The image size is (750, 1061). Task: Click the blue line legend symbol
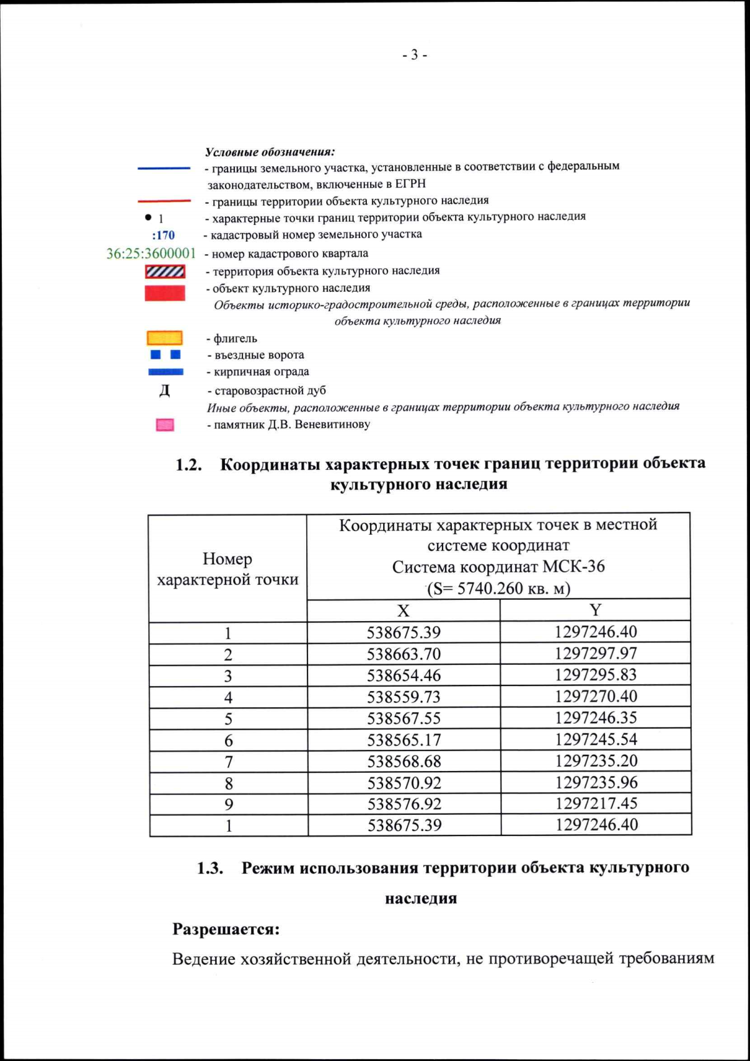pyautogui.click(x=164, y=168)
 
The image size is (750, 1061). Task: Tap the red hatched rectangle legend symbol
pyautogui.click(x=165, y=272)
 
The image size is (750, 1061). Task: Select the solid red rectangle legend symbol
pyautogui.click(x=165, y=293)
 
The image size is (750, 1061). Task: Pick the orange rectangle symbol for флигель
pyautogui.click(x=164, y=338)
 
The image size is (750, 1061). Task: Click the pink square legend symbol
pyautogui.click(x=164, y=425)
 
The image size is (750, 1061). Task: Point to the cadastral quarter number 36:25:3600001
pyautogui.click(x=151, y=254)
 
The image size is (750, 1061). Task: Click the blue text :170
pyautogui.click(x=163, y=236)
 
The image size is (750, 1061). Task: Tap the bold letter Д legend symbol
pyautogui.click(x=164, y=391)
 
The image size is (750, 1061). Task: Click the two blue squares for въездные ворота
pyautogui.click(x=166, y=355)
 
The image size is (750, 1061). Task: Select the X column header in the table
pyautogui.click(x=403, y=610)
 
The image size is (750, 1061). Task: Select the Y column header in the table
pyautogui.click(x=595, y=610)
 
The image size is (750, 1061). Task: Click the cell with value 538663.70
pyautogui.click(x=403, y=654)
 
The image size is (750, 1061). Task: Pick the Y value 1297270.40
pyautogui.click(x=596, y=696)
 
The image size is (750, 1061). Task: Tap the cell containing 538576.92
pyautogui.click(x=404, y=804)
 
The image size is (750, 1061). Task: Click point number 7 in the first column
pyautogui.click(x=228, y=762)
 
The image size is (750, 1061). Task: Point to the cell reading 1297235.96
pyautogui.click(x=596, y=782)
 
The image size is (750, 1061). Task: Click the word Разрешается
pyautogui.click(x=226, y=929)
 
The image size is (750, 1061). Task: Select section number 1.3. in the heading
pyautogui.click(x=211, y=868)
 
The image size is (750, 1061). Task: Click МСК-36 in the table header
pyautogui.click(x=573, y=567)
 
